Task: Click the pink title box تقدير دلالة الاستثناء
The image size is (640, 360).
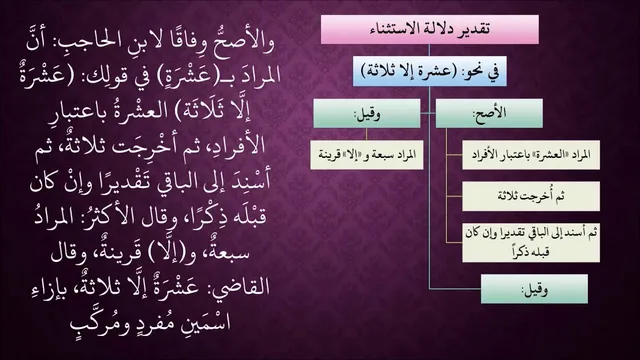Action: click(x=430, y=29)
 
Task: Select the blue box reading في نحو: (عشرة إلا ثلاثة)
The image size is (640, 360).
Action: click(x=430, y=71)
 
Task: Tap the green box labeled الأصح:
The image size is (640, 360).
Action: click(x=489, y=113)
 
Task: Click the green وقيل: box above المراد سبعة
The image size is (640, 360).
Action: click(x=367, y=113)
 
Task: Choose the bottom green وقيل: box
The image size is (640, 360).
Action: click(x=534, y=289)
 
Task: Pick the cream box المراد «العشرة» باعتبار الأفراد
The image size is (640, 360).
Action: click(x=531, y=155)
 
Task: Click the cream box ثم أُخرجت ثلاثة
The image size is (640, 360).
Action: click(x=531, y=196)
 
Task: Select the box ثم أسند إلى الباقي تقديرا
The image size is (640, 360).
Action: click(x=531, y=242)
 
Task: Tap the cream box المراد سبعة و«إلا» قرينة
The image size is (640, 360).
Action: click(x=367, y=155)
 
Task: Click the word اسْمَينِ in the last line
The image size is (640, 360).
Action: click(x=209, y=322)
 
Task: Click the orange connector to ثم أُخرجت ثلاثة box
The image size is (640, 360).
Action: click(x=454, y=196)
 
